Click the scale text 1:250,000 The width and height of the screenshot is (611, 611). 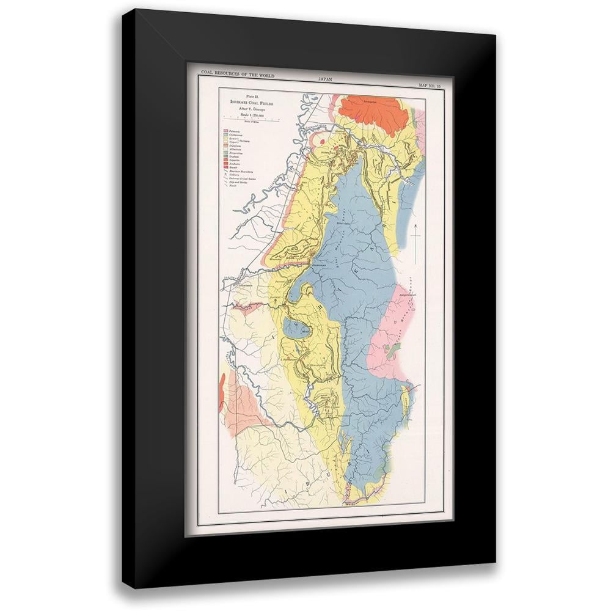253,115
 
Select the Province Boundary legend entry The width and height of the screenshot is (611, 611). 239,172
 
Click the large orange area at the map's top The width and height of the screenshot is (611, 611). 373,113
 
